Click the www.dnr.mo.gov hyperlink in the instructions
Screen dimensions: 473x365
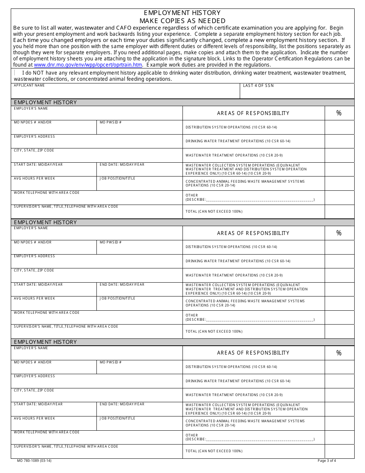point(91,65)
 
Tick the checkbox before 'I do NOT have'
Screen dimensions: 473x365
point(15,73)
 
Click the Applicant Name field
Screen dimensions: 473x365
point(126,93)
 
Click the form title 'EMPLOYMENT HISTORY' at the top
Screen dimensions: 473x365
point(182,13)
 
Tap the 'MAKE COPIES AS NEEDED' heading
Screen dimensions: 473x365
point(182,21)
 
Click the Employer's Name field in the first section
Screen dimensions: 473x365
point(97,115)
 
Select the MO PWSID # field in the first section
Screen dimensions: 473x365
point(139,129)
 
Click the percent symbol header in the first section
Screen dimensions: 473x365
point(339,113)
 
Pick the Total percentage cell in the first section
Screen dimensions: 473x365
point(339,212)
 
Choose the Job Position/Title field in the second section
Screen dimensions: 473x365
point(139,305)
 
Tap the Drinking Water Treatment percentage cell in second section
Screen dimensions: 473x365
point(339,261)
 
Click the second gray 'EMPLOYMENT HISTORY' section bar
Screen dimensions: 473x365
point(182,222)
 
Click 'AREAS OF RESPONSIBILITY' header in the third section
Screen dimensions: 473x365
point(253,353)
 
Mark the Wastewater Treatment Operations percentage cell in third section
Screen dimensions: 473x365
point(339,395)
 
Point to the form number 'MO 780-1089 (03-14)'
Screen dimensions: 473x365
point(34,461)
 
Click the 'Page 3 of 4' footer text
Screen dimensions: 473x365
point(327,461)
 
